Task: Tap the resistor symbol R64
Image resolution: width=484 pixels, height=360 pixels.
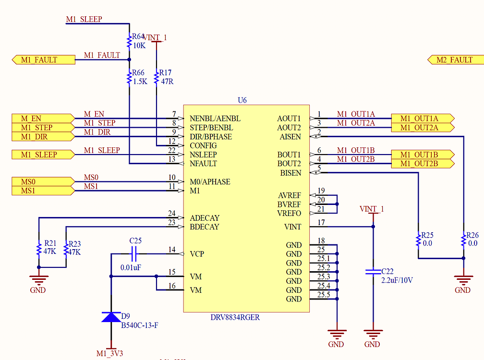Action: (129, 42)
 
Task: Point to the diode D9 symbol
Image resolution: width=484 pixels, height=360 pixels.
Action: (111, 317)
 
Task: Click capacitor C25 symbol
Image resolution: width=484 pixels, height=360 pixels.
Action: (134, 253)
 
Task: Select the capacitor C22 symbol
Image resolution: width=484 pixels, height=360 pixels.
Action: (373, 272)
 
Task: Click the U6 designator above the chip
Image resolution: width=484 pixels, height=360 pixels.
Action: (242, 100)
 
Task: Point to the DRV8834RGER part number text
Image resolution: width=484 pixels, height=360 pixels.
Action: (235, 318)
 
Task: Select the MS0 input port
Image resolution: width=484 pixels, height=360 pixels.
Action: (42, 182)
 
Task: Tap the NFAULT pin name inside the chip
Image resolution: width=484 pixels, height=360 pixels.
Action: (203, 164)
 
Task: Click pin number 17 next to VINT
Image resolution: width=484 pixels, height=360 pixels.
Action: (321, 222)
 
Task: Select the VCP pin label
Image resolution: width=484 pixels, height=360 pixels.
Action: (197, 254)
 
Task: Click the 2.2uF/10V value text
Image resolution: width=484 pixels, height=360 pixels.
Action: (397, 280)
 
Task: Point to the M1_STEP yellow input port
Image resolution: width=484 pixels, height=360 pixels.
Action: (42, 128)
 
